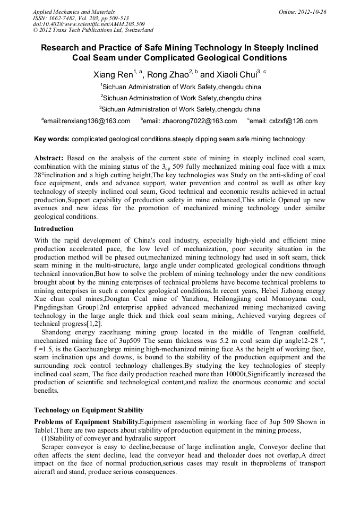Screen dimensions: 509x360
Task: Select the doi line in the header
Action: pyautogui.click(x=89, y=24)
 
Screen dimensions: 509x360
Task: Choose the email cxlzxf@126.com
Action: pyautogui.click(x=284, y=122)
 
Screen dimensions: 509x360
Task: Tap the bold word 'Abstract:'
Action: pyautogui.click(x=49, y=158)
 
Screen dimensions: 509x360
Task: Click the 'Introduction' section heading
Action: pyautogui.click(x=54, y=229)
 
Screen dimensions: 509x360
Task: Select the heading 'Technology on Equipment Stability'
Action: pyautogui.click(x=89, y=410)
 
